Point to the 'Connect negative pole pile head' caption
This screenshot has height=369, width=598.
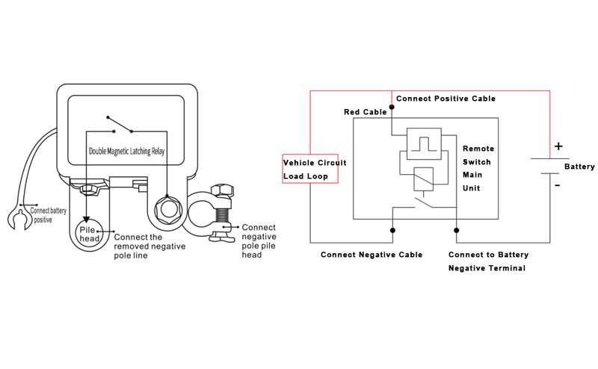pos(259,241)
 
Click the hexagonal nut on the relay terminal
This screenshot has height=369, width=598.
pos(166,207)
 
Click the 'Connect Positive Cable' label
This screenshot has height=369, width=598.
pos(446,99)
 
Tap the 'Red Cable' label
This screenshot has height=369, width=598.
pos(365,112)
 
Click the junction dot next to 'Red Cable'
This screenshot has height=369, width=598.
pos(392,108)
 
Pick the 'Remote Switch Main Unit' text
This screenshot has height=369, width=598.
pos(478,168)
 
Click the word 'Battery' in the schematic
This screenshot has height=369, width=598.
pos(579,167)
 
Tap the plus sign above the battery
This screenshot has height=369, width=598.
pos(558,146)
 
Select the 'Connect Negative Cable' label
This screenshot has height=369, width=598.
pos(372,255)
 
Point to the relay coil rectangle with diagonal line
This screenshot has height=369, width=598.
pos(422,179)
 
